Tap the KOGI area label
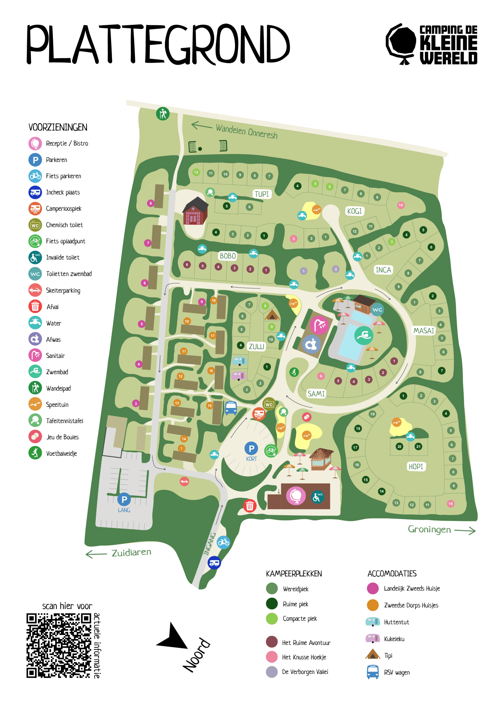pyautogui.click(x=354, y=211)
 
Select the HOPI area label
pyautogui.click(x=415, y=466)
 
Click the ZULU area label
pyautogui.click(x=256, y=346)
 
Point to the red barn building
pyautogui.click(x=196, y=211)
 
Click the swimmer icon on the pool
pyautogui.click(x=364, y=335)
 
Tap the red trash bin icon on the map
pyautogui.click(x=250, y=506)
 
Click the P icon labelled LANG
pyautogui.click(x=124, y=500)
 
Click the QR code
pyautogui.click(x=59, y=645)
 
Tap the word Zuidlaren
pyautogui.click(x=131, y=552)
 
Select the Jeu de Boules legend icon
pyautogui.click(x=35, y=437)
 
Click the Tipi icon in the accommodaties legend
pyautogui.click(x=372, y=654)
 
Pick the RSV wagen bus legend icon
pyautogui.click(x=372, y=672)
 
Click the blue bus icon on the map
pyautogui.click(x=231, y=408)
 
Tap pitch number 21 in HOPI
pyautogui.click(x=418, y=447)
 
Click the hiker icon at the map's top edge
pyautogui.click(x=163, y=114)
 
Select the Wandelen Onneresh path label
pyautogui.click(x=247, y=131)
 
